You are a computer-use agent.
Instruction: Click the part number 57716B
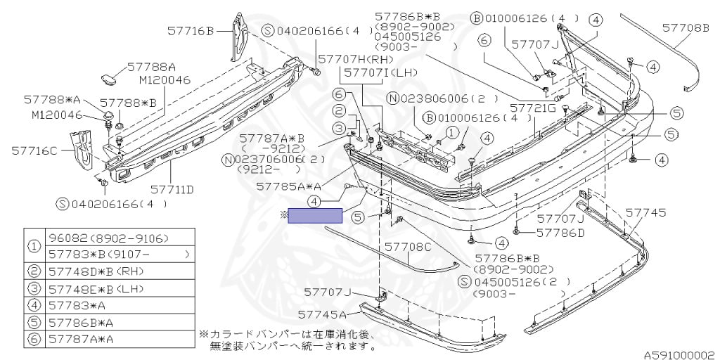(191, 31)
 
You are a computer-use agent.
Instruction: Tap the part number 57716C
(35, 150)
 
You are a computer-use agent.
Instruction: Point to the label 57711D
(172, 188)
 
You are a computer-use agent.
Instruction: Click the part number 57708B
(686, 28)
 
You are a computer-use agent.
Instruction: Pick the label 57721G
(532, 108)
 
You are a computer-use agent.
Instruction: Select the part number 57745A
(321, 314)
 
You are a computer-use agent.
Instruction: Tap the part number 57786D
(560, 233)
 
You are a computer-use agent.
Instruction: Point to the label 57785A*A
(289, 186)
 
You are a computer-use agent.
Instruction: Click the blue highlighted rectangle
(315, 215)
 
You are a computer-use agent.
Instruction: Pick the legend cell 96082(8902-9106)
(108, 238)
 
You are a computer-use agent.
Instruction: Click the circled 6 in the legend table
(34, 340)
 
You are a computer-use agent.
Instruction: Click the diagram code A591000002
(681, 355)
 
